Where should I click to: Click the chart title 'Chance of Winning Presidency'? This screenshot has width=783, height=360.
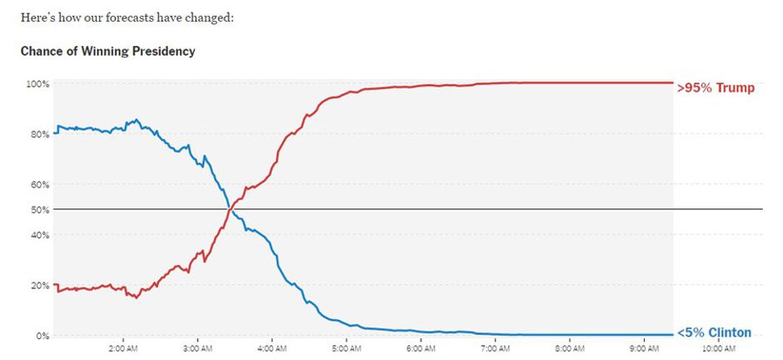click(x=107, y=52)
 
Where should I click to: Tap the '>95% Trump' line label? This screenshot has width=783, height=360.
click(x=716, y=87)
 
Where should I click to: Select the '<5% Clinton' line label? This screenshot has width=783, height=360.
click(x=714, y=332)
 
